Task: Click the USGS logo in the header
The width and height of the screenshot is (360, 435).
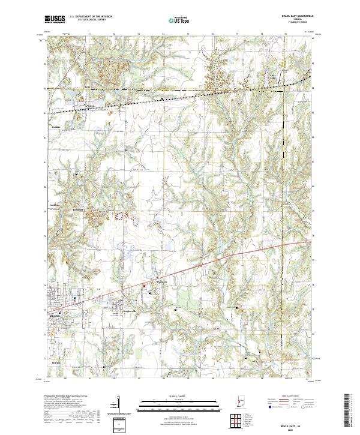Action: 56,20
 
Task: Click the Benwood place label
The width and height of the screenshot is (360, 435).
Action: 77,209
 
